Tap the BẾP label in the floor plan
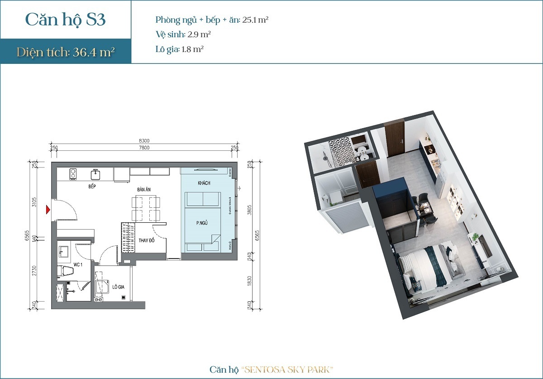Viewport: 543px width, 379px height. point(93,186)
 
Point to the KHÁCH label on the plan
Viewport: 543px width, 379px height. point(204,183)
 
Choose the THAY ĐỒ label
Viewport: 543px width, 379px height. point(146,240)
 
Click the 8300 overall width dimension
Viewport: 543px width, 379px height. point(144,141)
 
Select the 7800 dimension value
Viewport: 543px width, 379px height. point(144,148)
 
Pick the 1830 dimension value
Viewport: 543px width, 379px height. point(249,282)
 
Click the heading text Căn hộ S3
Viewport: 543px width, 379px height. point(66,20)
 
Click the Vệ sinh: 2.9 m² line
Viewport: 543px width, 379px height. point(183,34)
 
